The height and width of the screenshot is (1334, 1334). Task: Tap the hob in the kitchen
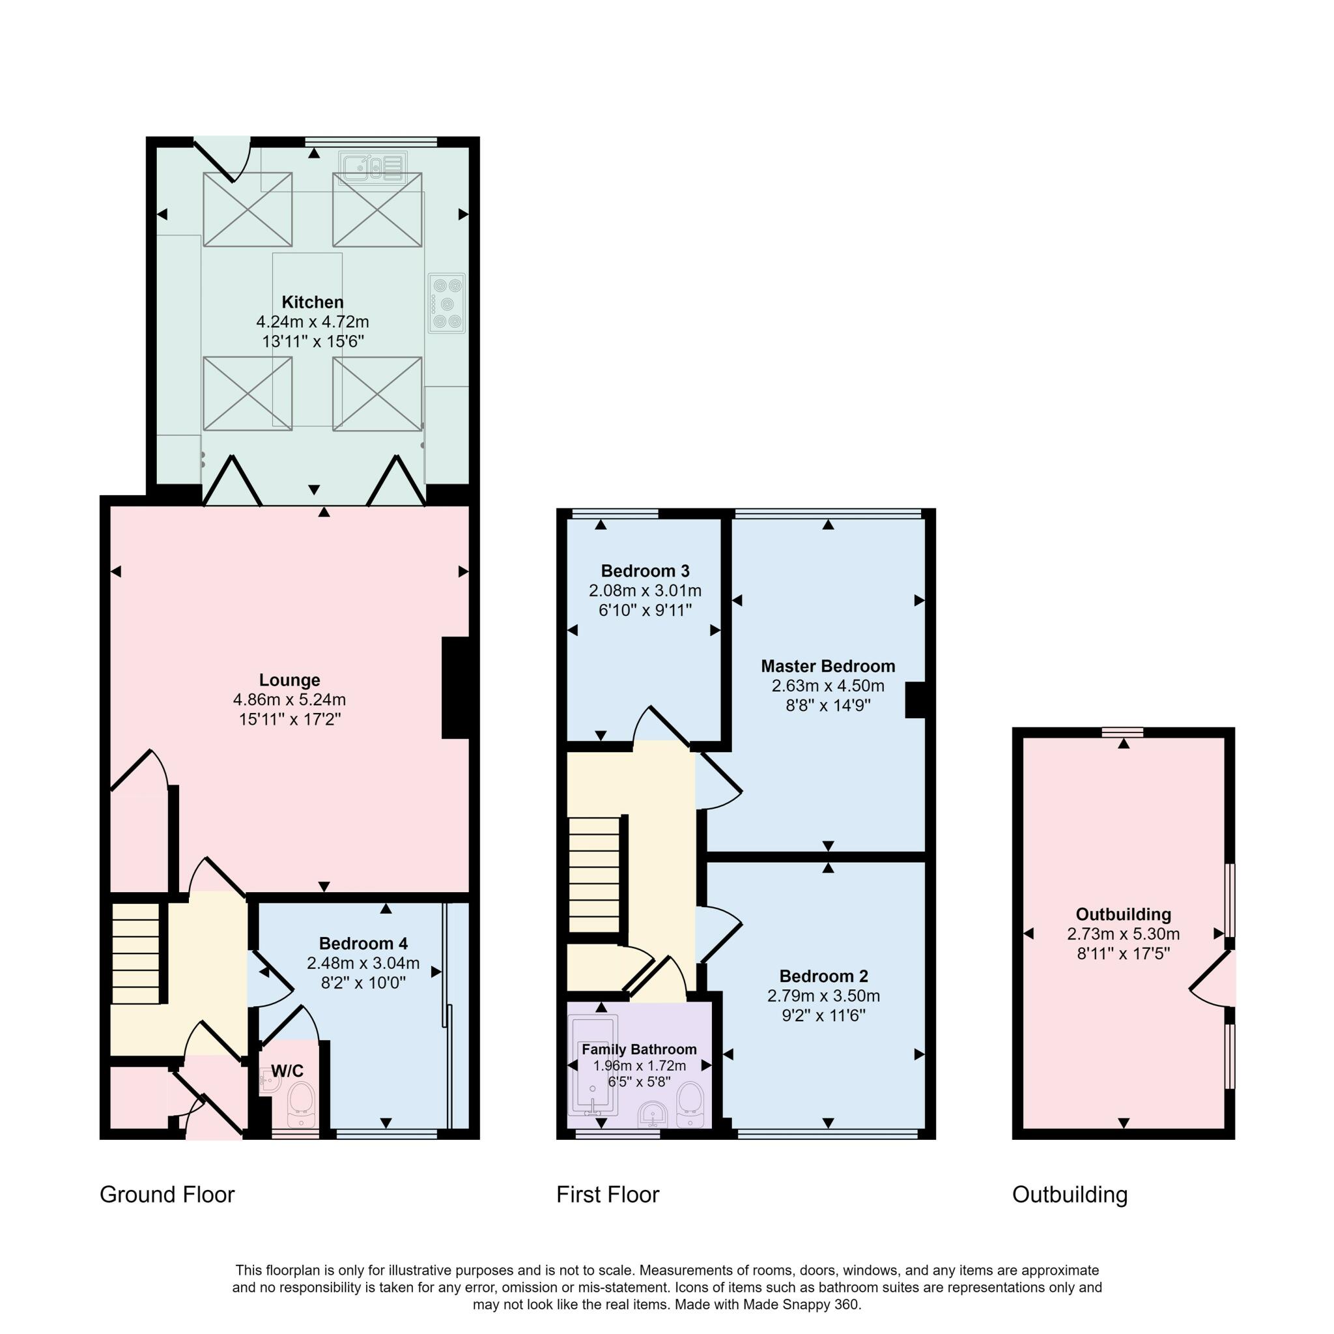pos(447,303)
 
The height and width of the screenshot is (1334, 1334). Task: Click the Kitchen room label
pos(313,302)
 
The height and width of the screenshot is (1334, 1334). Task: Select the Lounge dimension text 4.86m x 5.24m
pos(289,700)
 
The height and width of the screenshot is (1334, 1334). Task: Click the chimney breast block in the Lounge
pos(456,688)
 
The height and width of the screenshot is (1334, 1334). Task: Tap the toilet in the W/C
pos(301,1104)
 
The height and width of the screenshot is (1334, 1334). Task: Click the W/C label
pos(287,1071)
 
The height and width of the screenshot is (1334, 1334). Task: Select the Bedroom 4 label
pos(363,943)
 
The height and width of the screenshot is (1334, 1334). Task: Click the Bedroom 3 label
pos(645,571)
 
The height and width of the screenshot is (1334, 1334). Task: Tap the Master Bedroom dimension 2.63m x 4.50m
pos(828,686)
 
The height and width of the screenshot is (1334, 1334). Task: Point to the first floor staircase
pos(595,875)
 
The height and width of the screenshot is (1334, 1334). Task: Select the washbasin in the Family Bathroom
pos(653,1114)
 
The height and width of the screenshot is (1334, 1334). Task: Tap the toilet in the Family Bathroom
pos(690,1105)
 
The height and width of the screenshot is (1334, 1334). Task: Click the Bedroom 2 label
pos(824,976)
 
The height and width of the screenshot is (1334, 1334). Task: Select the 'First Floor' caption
pos(608,1195)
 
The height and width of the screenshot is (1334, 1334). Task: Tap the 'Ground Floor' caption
pos(167,1195)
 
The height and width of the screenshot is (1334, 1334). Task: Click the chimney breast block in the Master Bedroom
pos(915,700)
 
